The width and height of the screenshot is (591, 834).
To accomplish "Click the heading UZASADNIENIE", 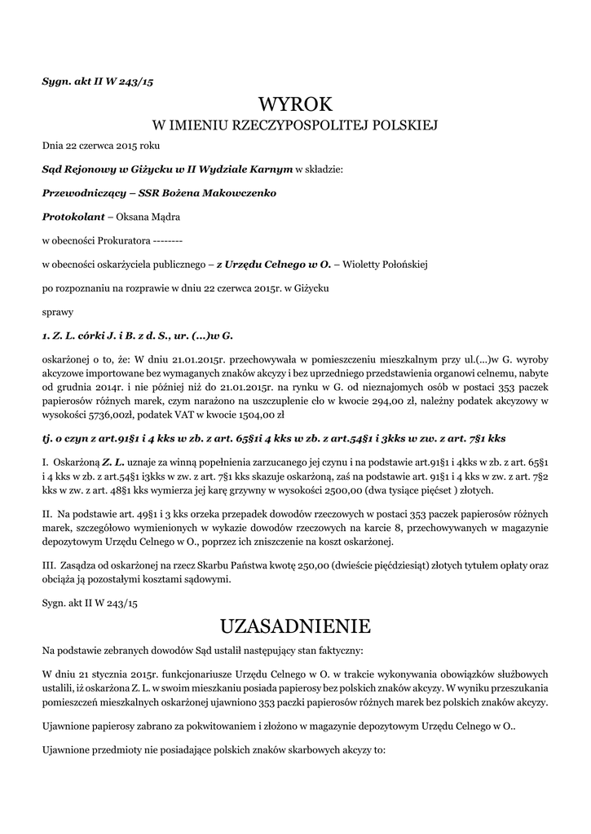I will pos(295,626).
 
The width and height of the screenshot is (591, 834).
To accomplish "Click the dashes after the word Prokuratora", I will pos(167,241).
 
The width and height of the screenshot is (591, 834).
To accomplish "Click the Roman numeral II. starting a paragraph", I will pos(46,515).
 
